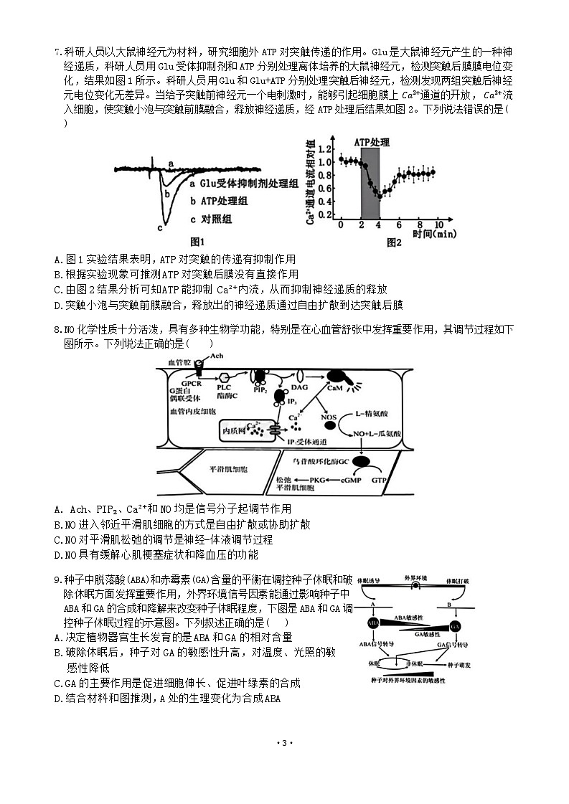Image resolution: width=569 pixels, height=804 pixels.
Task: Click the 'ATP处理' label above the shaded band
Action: click(372, 143)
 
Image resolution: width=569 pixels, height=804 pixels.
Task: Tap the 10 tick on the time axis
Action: click(438, 225)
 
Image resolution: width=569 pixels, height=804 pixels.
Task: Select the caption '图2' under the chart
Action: click(394, 242)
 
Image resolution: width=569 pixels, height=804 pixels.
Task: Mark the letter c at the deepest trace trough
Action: click(159, 228)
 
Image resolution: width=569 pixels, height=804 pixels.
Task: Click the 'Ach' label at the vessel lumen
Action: click(217, 356)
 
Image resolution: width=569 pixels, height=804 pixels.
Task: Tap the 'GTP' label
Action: click(380, 479)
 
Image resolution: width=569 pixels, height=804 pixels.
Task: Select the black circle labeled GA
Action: click(455, 626)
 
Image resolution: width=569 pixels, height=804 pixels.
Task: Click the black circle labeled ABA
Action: click(373, 623)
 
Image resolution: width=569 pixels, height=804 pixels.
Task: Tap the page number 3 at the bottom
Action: click(284, 742)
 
